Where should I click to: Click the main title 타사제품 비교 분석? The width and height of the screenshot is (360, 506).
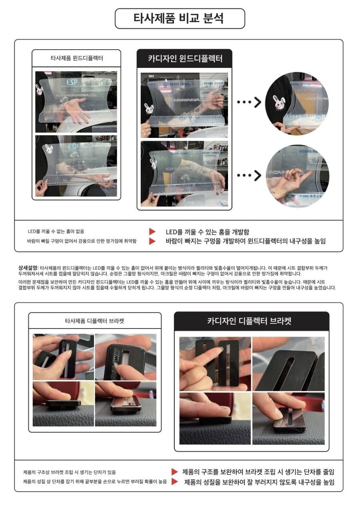pos(180,19)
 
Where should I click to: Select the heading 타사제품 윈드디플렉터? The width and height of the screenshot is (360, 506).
pos(76,58)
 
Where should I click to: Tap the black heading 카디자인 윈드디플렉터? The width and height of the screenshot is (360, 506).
pos(184,59)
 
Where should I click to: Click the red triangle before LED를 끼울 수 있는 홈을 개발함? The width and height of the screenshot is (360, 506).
pos(152,231)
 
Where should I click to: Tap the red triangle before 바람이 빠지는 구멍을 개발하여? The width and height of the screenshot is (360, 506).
pos(152,241)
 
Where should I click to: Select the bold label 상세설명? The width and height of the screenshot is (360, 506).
pos(28,267)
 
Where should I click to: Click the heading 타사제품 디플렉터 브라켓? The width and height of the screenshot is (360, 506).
pos(95,321)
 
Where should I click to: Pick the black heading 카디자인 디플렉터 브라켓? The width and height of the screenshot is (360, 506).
pos(251,321)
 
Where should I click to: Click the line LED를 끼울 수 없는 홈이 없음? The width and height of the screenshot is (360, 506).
pos(56,231)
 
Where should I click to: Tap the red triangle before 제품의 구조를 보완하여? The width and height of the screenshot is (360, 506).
pos(175,472)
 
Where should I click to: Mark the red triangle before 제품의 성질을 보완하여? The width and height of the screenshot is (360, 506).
pos(175,482)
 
